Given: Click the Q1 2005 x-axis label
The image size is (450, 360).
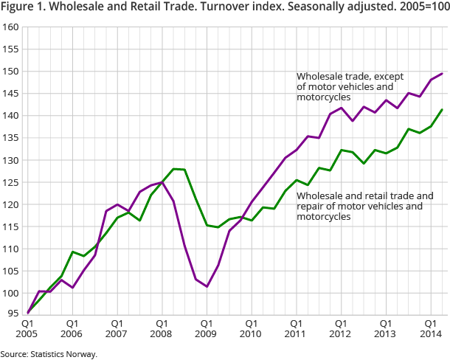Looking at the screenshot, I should click(x=27, y=329).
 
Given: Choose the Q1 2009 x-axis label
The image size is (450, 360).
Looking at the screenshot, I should click(x=207, y=329).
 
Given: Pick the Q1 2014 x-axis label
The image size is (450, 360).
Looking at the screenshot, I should click(x=431, y=329).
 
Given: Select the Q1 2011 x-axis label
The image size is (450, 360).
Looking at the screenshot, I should click(x=296, y=329).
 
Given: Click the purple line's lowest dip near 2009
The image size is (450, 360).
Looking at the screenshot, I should click(x=207, y=286).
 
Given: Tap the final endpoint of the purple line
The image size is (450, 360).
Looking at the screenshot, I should click(x=442, y=73).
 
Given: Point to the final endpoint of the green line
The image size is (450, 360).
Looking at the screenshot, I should click(x=442, y=109).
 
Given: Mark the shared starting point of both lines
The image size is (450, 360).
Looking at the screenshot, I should click(x=27, y=312).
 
